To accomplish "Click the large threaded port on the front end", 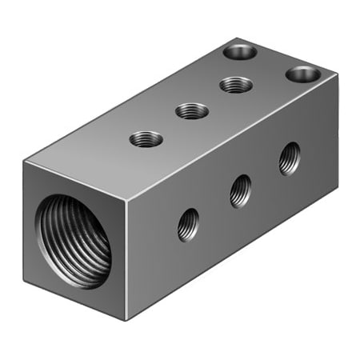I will click(x=74, y=239).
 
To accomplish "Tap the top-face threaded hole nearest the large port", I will click(x=146, y=139).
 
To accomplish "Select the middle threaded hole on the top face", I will click(x=191, y=110).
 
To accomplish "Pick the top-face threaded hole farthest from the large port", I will click(x=235, y=83).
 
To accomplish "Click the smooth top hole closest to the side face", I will click(x=302, y=74).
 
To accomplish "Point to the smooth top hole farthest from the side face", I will click(x=239, y=52).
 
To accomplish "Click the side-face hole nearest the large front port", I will click(x=189, y=224).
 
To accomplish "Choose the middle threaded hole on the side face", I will click(x=240, y=190).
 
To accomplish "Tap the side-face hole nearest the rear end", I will click(x=290, y=158).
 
